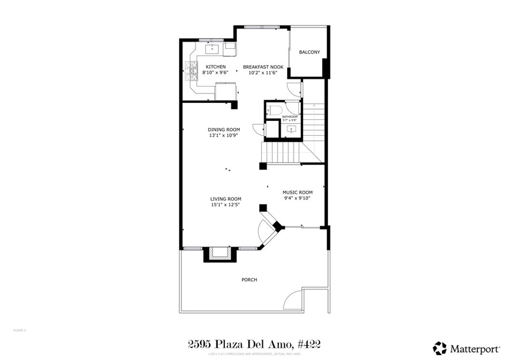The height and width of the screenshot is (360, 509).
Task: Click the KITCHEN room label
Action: click(x=216, y=67)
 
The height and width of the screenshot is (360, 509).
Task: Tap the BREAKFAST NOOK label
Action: click(x=263, y=67)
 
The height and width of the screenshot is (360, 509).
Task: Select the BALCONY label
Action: click(x=309, y=52)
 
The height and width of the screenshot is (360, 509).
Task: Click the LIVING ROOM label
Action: click(x=225, y=199)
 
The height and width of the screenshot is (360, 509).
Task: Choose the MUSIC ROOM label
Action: click(x=297, y=192)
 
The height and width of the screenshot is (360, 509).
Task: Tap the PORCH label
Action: click(x=249, y=280)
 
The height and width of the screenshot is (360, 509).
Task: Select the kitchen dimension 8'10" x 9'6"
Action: click(x=216, y=73)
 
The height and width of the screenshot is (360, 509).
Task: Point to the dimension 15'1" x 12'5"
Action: click(x=225, y=205)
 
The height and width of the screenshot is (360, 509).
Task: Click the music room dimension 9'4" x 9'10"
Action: click(x=297, y=198)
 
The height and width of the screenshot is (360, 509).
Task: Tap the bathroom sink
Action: click(x=292, y=129)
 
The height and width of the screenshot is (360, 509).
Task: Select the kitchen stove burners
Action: click(x=191, y=71)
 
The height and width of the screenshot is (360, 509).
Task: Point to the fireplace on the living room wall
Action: click(x=218, y=254)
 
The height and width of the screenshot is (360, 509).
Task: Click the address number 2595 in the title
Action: click(x=201, y=344)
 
